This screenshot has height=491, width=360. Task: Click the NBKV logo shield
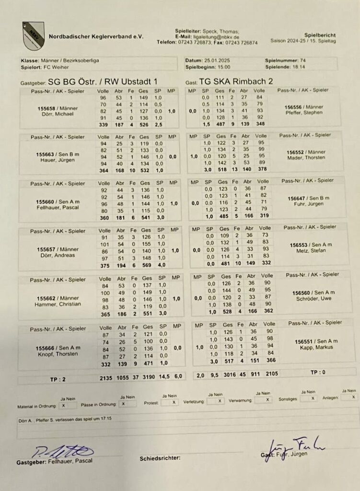33,35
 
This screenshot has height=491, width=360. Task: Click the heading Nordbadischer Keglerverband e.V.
95,36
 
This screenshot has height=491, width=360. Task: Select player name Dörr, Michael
58,114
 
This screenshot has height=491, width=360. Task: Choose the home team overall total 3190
150,377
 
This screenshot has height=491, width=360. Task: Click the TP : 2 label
57,379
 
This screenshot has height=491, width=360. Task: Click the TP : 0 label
318,372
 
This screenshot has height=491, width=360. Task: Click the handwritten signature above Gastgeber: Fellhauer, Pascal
62,451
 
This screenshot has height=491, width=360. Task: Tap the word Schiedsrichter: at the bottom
160,458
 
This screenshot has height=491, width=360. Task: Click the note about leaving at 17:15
65,419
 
